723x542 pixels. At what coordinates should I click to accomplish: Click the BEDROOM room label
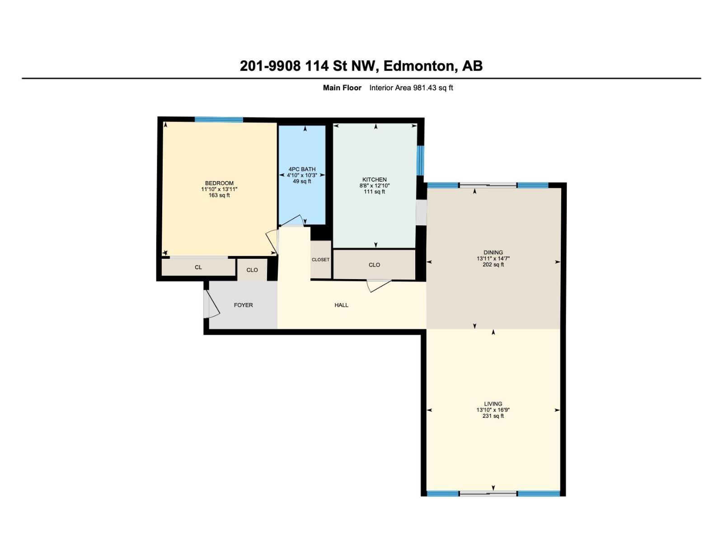[219, 183]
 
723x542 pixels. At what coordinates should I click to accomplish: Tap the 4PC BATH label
[302, 169]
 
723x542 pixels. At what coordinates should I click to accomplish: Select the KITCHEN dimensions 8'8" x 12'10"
[374, 186]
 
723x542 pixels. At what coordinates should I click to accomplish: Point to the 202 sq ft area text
[493, 265]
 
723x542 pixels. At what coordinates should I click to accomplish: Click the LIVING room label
[493, 404]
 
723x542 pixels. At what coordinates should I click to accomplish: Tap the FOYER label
[243, 305]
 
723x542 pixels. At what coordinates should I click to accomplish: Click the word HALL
[341, 305]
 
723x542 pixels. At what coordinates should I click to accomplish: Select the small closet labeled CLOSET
[320, 260]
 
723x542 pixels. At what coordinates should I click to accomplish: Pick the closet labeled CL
[198, 267]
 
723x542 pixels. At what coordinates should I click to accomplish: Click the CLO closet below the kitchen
[374, 265]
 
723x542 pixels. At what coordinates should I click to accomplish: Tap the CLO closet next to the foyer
[252, 270]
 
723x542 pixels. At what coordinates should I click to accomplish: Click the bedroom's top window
[219, 120]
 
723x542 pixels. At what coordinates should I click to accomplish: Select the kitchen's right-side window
[420, 160]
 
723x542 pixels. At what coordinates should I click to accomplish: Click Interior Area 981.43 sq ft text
[411, 88]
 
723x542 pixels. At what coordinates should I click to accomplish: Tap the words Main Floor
[342, 88]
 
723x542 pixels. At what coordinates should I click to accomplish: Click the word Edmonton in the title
[419, 66]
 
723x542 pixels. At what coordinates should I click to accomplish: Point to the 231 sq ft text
[493, 416]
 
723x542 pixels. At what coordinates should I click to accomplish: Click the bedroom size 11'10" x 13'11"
[219, 189]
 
